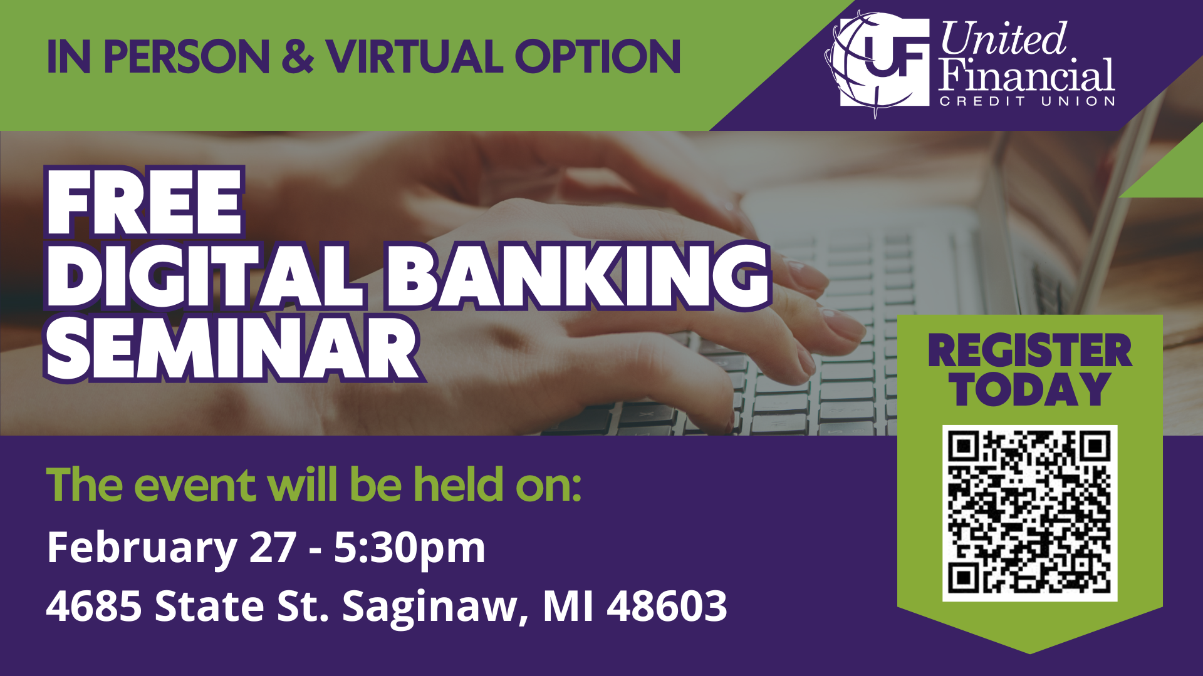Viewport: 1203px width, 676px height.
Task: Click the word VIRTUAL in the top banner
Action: coord(414,56)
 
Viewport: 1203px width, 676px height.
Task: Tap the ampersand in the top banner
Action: coord(298,56)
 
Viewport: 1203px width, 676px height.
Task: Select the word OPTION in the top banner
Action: coord(598,56)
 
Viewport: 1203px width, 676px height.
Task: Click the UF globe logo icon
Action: coord(877,63)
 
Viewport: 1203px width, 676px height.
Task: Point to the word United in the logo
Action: coord(1002,39)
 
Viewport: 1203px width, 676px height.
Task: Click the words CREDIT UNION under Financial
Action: coord(1027,101)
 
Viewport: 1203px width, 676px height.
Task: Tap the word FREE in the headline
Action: coord(143,202)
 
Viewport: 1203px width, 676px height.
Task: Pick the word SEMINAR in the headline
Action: coord(233,348)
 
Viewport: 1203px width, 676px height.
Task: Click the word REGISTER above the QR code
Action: coord(1030,351)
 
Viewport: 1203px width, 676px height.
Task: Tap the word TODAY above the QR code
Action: coord(1030,389)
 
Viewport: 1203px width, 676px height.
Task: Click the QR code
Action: coord(1030,513)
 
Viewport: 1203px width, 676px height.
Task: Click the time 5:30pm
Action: coord(410,548)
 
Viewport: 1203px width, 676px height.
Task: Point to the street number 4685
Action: coord(94,606)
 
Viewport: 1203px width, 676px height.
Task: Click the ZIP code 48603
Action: coord(667,606)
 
